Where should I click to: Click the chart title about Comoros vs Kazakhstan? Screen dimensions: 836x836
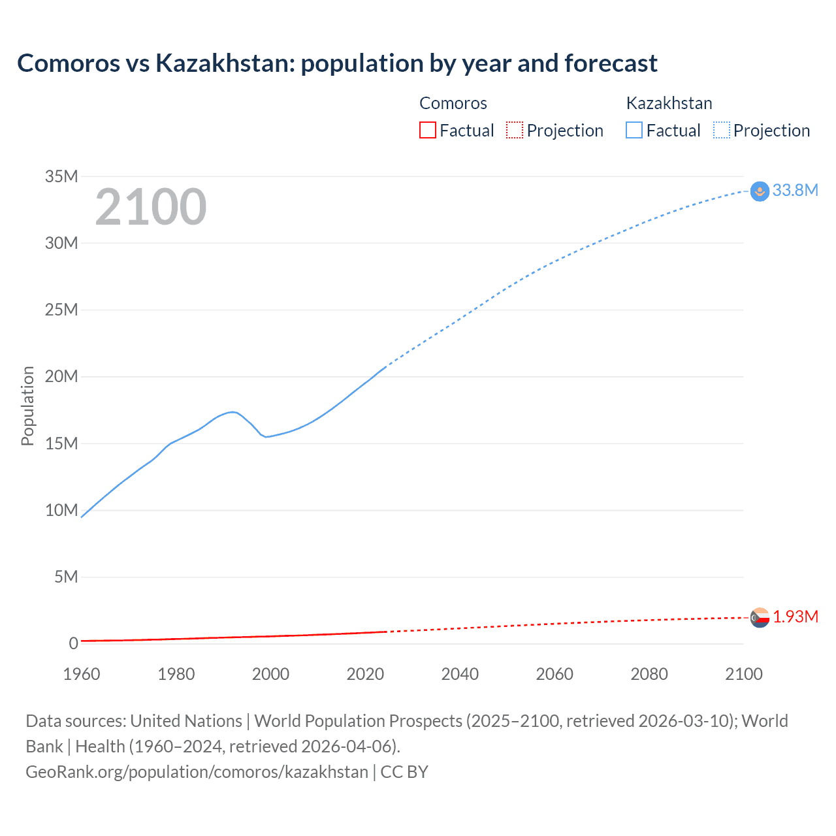coord(337,63)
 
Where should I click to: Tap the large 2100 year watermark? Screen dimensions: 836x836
coord(151,207)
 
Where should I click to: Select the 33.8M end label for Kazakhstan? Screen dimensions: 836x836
coord(795,190)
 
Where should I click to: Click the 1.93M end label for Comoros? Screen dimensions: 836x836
coord(796,617)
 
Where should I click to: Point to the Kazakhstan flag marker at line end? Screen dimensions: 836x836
coord(760,191)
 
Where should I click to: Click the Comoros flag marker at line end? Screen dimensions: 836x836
coord(760,617)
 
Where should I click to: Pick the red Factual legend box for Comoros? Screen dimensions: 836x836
coord(427,130)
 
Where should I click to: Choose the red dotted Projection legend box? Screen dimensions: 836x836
coord(515,130)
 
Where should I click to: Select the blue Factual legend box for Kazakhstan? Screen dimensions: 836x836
coord(634,130)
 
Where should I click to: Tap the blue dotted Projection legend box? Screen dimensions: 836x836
coord(722,130)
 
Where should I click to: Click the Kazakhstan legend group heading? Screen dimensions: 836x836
coord(669,103)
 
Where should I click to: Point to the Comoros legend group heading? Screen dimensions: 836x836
coord(453,103)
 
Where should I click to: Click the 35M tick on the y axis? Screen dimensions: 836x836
coord(61,176)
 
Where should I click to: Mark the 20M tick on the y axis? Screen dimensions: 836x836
coord(61,376)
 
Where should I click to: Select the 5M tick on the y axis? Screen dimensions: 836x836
coord(66,577)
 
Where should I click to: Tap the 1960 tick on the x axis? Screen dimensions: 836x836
coord(82,674)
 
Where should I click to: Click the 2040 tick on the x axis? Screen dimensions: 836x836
coord(460,674)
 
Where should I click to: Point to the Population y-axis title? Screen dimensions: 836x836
coord(27,406)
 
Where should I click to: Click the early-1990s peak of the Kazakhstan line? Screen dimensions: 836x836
coord(232,411)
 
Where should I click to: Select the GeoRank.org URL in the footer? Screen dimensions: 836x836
coord(197,771)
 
